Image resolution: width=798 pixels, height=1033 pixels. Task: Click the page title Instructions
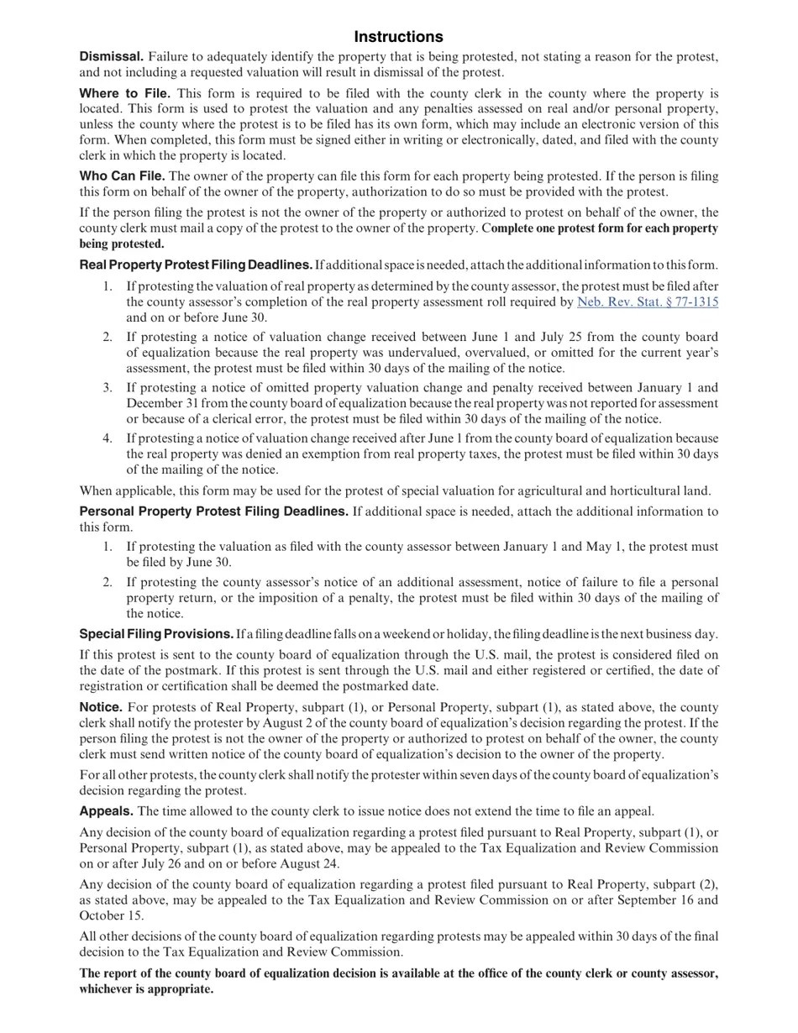[398, 37]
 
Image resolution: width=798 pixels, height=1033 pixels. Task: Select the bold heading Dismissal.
[112, 56]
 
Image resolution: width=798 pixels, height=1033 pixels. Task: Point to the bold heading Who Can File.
[122, 176]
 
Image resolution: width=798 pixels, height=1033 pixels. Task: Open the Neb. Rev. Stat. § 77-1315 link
[647, 302]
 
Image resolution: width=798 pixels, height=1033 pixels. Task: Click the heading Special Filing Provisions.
[156, 633]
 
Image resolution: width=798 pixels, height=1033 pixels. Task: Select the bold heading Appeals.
[106, 810]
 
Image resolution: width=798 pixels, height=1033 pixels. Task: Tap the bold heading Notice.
[101, 707]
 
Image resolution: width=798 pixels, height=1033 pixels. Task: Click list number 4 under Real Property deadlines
[108, 438]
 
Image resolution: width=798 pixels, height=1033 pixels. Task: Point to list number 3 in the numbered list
[108, 387]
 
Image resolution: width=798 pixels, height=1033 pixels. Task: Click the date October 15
[111, 915]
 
